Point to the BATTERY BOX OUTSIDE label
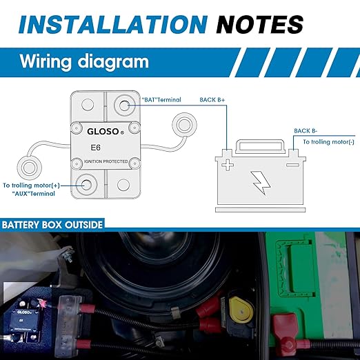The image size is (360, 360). click(x=52, y=225)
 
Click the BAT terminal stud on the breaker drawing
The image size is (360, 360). click(x=124, y=106)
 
